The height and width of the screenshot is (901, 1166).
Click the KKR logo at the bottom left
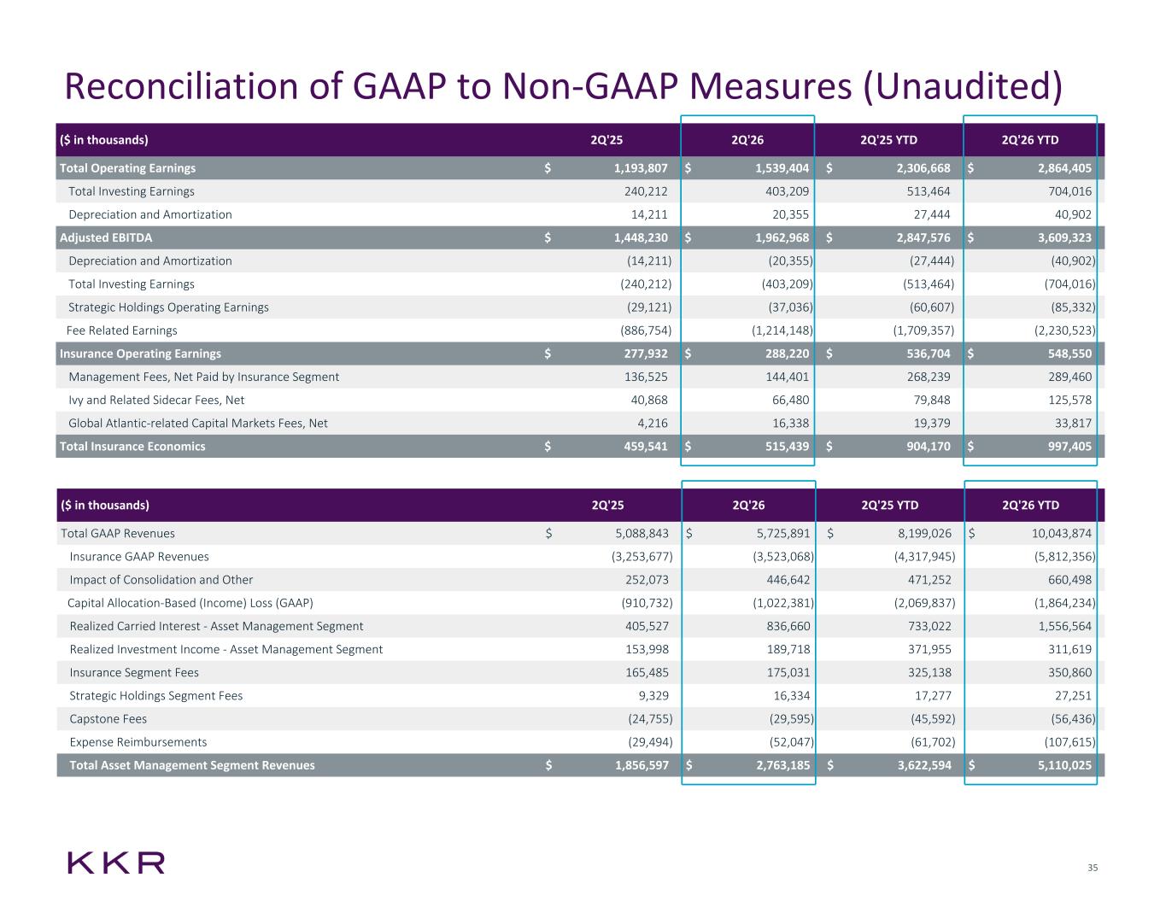pos(116,863)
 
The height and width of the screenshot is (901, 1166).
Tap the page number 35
pos(1093,868)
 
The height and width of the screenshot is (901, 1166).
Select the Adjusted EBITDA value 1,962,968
pos(782,237)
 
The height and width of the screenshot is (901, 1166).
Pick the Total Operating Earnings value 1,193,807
pos(641,168)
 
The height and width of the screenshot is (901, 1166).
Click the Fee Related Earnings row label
pos(122,331)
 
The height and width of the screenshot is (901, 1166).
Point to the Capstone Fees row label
pos(108,718)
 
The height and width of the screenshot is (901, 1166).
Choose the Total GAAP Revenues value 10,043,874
pos(1062,534)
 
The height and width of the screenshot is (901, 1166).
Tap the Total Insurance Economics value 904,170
pos(929,446)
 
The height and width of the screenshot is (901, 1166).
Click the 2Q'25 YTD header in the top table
pos(888,140)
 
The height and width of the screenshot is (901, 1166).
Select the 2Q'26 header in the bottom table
pos(748,506)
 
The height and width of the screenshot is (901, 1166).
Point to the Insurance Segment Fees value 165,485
pos(647,672)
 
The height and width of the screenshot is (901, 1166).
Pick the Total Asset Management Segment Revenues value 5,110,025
pos(1064,765)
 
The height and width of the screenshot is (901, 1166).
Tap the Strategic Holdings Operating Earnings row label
pos(168,307)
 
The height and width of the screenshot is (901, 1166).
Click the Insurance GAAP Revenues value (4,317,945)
pos(924,557)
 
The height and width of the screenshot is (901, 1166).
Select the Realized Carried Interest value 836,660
pos(788,626)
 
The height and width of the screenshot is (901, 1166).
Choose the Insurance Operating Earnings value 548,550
pos(1070,354)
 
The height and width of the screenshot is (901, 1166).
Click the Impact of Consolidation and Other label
pos(161,580)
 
